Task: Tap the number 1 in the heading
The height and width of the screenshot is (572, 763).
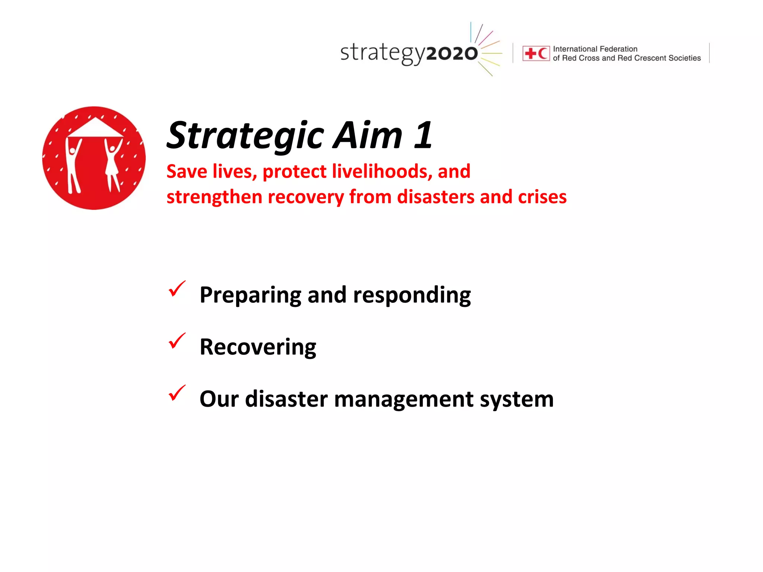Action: coord(423,136)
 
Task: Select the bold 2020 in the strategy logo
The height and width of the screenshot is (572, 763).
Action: coord(452,54)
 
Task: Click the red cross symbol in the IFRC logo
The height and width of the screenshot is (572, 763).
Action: coord(530,54)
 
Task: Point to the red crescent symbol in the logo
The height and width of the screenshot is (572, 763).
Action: coord(543,54)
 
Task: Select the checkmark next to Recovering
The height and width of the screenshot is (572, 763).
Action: coord(177,341)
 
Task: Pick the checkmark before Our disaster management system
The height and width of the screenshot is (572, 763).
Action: coord(177,393)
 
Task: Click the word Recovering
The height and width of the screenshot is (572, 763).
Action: coord(258,347)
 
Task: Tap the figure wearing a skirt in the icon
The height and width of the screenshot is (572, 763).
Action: coord(112,164)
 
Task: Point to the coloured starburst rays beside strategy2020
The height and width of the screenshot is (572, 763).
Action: coord(489,48)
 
